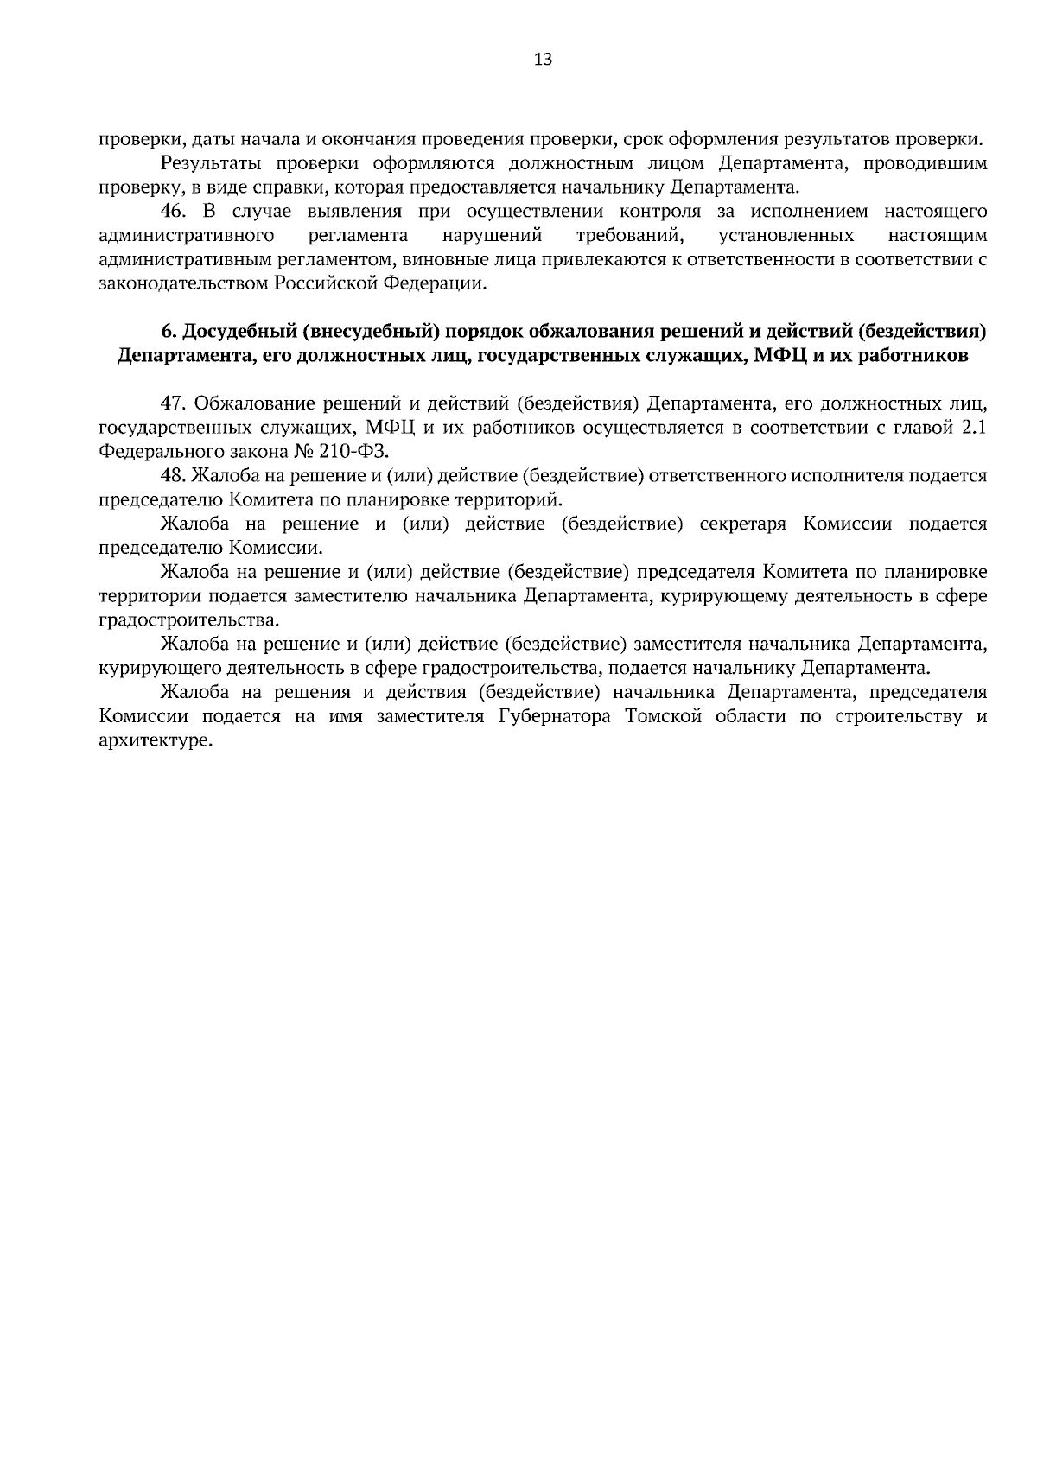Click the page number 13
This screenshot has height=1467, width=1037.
coord(544,60)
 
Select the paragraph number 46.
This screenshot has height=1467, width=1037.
coord(175,212)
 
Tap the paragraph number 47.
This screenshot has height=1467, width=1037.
coord(175,403)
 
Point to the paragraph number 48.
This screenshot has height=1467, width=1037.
coord(175,476)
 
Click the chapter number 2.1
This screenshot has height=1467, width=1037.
coord(973,428)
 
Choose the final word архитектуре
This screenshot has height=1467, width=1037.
coord(156,741)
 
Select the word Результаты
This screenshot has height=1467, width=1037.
coord(207,163)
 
